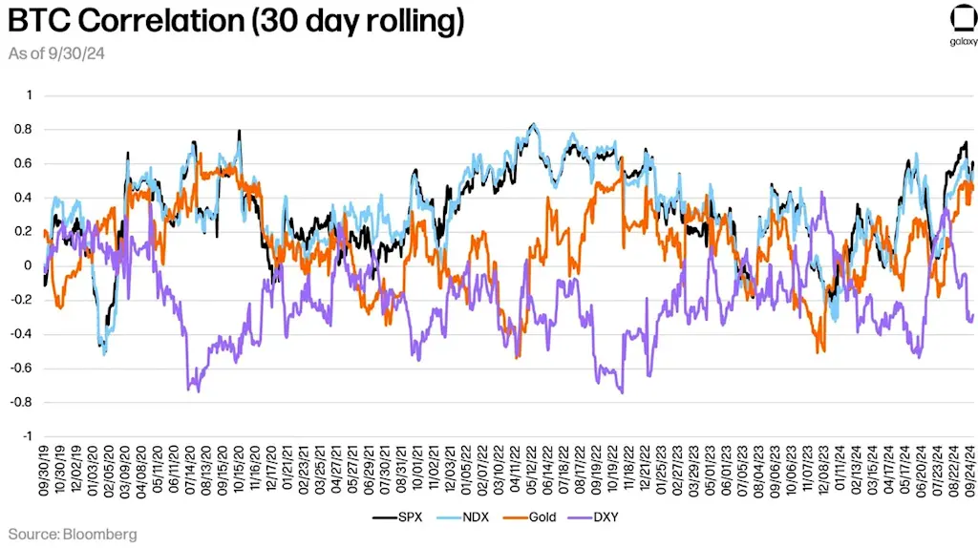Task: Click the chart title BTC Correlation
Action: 235,22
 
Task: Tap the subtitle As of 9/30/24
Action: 56,54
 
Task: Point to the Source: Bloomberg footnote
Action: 73,534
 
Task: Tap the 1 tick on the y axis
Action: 29,95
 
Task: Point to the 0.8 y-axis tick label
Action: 24,130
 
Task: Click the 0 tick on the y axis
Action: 29,266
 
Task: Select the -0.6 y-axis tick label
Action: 22,369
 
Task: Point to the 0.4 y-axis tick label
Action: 24,198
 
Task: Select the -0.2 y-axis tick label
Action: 22,300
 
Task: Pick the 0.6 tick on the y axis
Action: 24,163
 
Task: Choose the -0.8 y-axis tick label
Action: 22,402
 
